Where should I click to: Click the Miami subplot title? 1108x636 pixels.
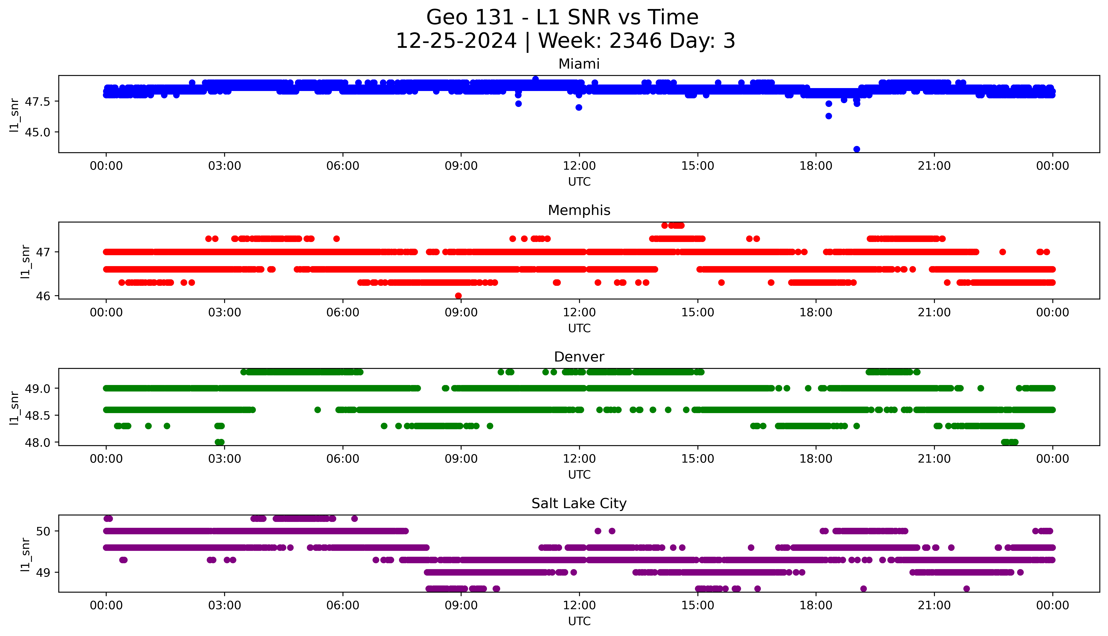(x=579, y=64)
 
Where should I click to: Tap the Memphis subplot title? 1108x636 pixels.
(x=579, y=211)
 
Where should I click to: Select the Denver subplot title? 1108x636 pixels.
(x=579, y=357)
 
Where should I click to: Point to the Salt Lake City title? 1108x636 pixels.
(x=579, y=504)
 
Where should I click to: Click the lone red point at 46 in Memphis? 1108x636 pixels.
(x=458, y=296)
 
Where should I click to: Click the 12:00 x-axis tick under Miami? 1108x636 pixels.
(x=579, y=166)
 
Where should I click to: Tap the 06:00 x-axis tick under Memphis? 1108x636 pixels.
(x=343, y=312)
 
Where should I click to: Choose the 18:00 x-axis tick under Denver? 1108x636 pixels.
(x=816, y=459)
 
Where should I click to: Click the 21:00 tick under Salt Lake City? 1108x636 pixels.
(x=934, y=605)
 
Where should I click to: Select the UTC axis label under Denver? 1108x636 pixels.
(x=579, y=474)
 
